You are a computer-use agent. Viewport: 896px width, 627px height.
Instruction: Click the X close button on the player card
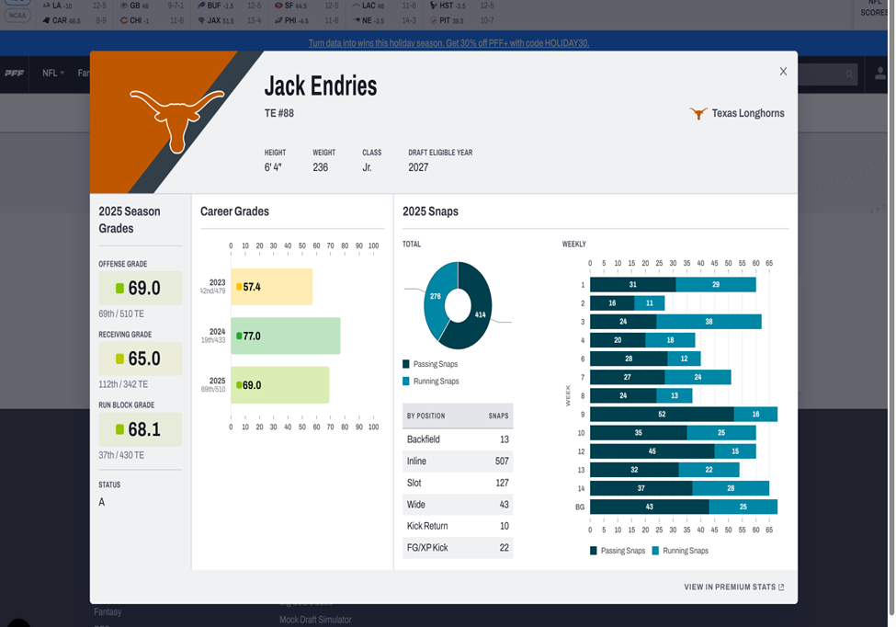click(783, 72)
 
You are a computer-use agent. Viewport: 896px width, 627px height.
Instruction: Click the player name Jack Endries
click(321, 86)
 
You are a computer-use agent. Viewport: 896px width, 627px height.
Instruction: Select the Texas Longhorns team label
click(739, 114)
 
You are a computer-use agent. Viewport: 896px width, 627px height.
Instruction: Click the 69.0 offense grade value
click(143, 288)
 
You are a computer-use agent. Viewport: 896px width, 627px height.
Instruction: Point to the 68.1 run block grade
click(143, 429)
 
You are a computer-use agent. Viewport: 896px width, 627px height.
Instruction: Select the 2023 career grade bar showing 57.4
click(271, 287)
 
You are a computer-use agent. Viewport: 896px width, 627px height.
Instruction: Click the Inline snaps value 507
click(501, 462)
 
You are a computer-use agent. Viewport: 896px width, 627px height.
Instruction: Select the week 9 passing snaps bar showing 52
click(662, 415)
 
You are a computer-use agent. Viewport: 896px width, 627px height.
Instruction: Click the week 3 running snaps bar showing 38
click(709, 322)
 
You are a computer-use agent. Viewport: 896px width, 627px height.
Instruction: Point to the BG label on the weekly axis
click(579, 507)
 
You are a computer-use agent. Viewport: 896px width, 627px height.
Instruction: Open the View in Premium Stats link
click(733, 587)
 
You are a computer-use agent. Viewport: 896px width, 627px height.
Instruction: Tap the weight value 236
click(321, 167)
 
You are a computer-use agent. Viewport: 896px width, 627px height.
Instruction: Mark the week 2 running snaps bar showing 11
click(649, 303)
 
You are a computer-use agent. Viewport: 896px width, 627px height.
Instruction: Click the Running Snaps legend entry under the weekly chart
click(680, 551)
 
